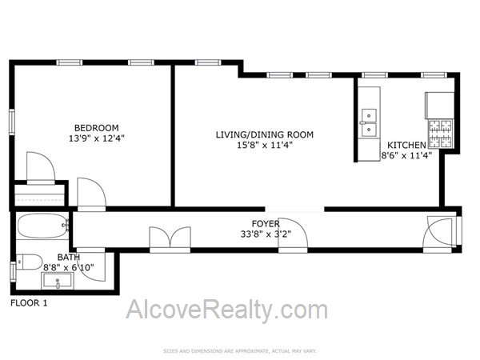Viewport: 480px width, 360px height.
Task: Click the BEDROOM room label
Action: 97,128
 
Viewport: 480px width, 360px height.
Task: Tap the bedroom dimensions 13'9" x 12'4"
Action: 97,138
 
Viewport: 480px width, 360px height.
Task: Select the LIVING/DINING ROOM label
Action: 265,134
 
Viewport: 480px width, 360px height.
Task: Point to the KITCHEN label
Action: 406,145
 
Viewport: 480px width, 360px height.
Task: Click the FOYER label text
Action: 266,224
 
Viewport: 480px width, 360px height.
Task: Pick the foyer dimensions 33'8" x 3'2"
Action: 266,234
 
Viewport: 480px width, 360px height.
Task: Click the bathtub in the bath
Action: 42,226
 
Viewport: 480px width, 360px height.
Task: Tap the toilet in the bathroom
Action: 29,262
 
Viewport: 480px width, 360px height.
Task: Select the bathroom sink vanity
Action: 58,281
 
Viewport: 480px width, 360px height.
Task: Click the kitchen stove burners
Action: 441,134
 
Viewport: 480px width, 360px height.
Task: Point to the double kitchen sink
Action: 369,122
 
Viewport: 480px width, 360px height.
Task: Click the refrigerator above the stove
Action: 439,106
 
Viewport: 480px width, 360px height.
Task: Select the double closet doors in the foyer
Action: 170,238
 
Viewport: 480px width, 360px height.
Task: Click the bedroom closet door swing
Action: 41,167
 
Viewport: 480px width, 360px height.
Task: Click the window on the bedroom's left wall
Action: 12,122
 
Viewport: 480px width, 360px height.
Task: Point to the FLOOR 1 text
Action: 29,303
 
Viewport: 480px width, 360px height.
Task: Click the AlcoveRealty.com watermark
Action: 227,310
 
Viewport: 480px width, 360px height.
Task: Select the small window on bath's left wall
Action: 13,271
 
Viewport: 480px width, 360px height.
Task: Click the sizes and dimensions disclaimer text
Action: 240,351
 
